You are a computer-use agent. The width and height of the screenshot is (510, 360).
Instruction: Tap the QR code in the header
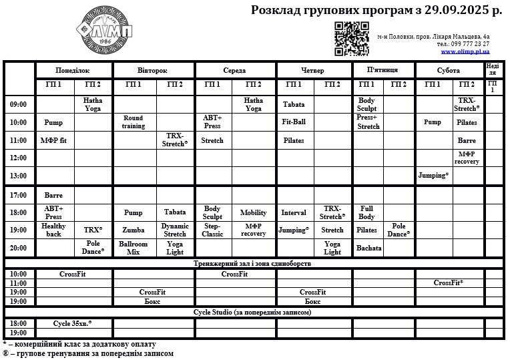pyautogui.click(x=351, y=39)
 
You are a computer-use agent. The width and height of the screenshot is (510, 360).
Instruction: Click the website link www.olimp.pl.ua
pyautogui.click(x=465, y=51)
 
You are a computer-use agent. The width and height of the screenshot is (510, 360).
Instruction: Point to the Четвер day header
pyautogui.click(x=313, y=70)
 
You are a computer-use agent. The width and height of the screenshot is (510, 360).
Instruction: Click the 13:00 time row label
pyautogui.click(x=19, y=176)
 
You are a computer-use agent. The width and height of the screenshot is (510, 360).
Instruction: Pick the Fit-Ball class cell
pyautogui.click(x=294, y=122)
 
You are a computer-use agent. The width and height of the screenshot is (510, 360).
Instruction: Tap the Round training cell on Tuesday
pyautogui.click(x=134, y=122)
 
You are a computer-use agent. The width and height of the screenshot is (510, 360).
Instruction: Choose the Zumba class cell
pyautogui.click(x=134, y=230)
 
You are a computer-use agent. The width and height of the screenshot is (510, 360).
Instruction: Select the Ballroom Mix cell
pyautogui.click(x=134, y=248)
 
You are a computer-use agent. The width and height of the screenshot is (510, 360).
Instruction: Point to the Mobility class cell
pyautogui.click(x=253, y=212)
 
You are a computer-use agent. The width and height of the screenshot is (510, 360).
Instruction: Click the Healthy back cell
pyautogui.click(x=53, y=230)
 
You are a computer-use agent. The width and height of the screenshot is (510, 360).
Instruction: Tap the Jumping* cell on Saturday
pyautogui.click(x=433, y=176)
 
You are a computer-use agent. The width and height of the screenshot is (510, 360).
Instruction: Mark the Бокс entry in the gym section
pyautogui.click(x=152, y=301)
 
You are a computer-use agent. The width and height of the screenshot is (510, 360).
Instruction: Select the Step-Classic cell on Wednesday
pyautogui.click(x=212, y=230)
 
